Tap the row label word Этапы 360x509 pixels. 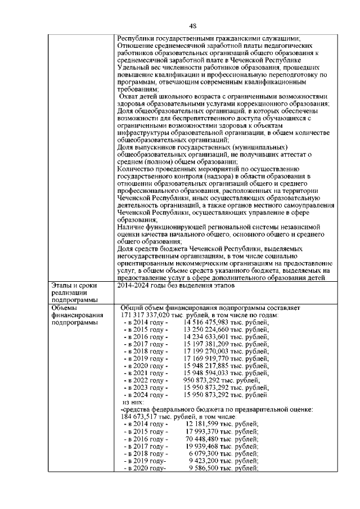(x=62, y=286)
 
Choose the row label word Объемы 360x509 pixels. (x=64, y=308)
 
